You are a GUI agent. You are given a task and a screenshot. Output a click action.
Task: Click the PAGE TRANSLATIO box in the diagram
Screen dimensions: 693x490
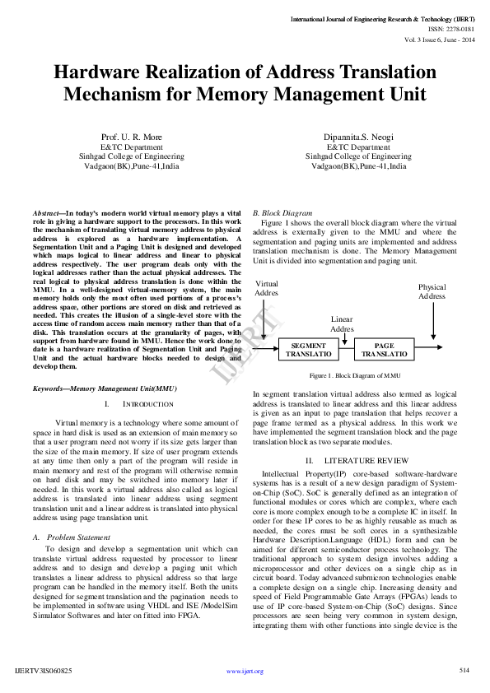point(385,349)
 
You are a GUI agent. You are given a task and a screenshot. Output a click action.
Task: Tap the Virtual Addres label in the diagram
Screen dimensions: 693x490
point(267,288)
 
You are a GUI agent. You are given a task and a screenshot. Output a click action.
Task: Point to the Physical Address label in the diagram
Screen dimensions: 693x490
point(432,292)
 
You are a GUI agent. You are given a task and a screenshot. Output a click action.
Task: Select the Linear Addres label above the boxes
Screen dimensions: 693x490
point(342,323)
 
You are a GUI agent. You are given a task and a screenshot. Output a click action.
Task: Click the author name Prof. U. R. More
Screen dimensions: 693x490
point(132,137)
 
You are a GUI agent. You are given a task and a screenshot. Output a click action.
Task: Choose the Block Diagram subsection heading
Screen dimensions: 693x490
point(282,212)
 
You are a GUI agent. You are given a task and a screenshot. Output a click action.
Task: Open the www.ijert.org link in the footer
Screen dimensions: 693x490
point(245,672)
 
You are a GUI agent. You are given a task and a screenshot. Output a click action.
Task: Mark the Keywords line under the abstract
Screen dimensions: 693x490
point(105,388)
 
